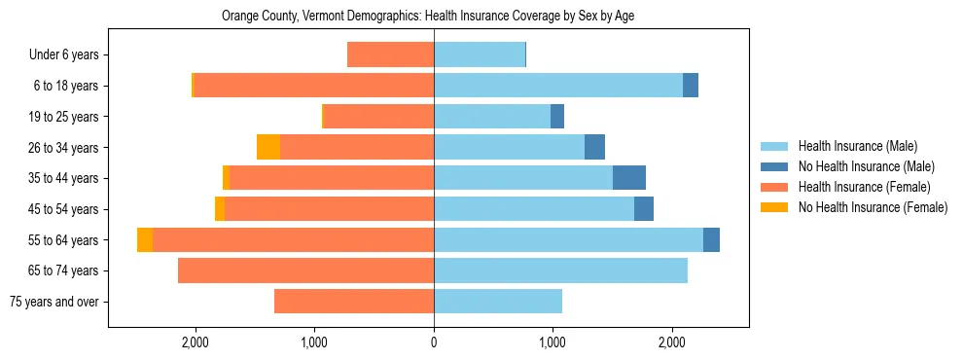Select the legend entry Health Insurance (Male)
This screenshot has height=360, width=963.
(x=857, y=146)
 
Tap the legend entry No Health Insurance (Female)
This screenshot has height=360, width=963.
(x=873, y=207)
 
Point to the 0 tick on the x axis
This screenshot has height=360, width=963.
(x=434, y=342)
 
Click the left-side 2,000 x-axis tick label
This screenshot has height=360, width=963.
(x=196, y=342)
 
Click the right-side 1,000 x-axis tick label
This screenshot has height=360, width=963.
(x=553, y=342)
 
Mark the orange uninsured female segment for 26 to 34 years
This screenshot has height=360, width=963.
(x=268, y=147)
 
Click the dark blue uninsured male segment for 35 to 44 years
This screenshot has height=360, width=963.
(x=629, y=178)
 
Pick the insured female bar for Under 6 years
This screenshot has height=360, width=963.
(x=390, y=55)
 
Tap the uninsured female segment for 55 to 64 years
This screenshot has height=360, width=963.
(x=145, y=239)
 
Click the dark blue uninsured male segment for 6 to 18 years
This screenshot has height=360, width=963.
(x=691, y=86)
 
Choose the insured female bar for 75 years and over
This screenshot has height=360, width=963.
(x=354, y=301)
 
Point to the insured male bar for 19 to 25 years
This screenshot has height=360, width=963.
(x=492, y=117)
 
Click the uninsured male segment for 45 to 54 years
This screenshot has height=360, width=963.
(x=644, y=209)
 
